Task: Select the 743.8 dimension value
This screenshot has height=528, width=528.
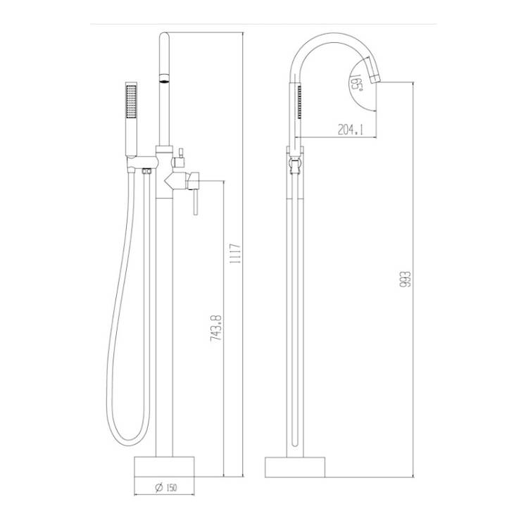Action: tap(215, 328)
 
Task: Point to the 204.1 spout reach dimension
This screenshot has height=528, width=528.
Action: tap(351, 129)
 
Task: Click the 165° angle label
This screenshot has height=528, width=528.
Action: tap(356, 82)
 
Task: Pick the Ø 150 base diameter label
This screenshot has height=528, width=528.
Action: tap(165, 487)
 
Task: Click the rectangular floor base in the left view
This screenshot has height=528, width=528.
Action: tap(164, 467)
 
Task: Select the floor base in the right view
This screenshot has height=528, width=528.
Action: tap(295, 467)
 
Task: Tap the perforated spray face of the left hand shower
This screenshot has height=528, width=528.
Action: tap(131, 101)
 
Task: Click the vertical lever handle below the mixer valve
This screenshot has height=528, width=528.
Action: tap(195, 202)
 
